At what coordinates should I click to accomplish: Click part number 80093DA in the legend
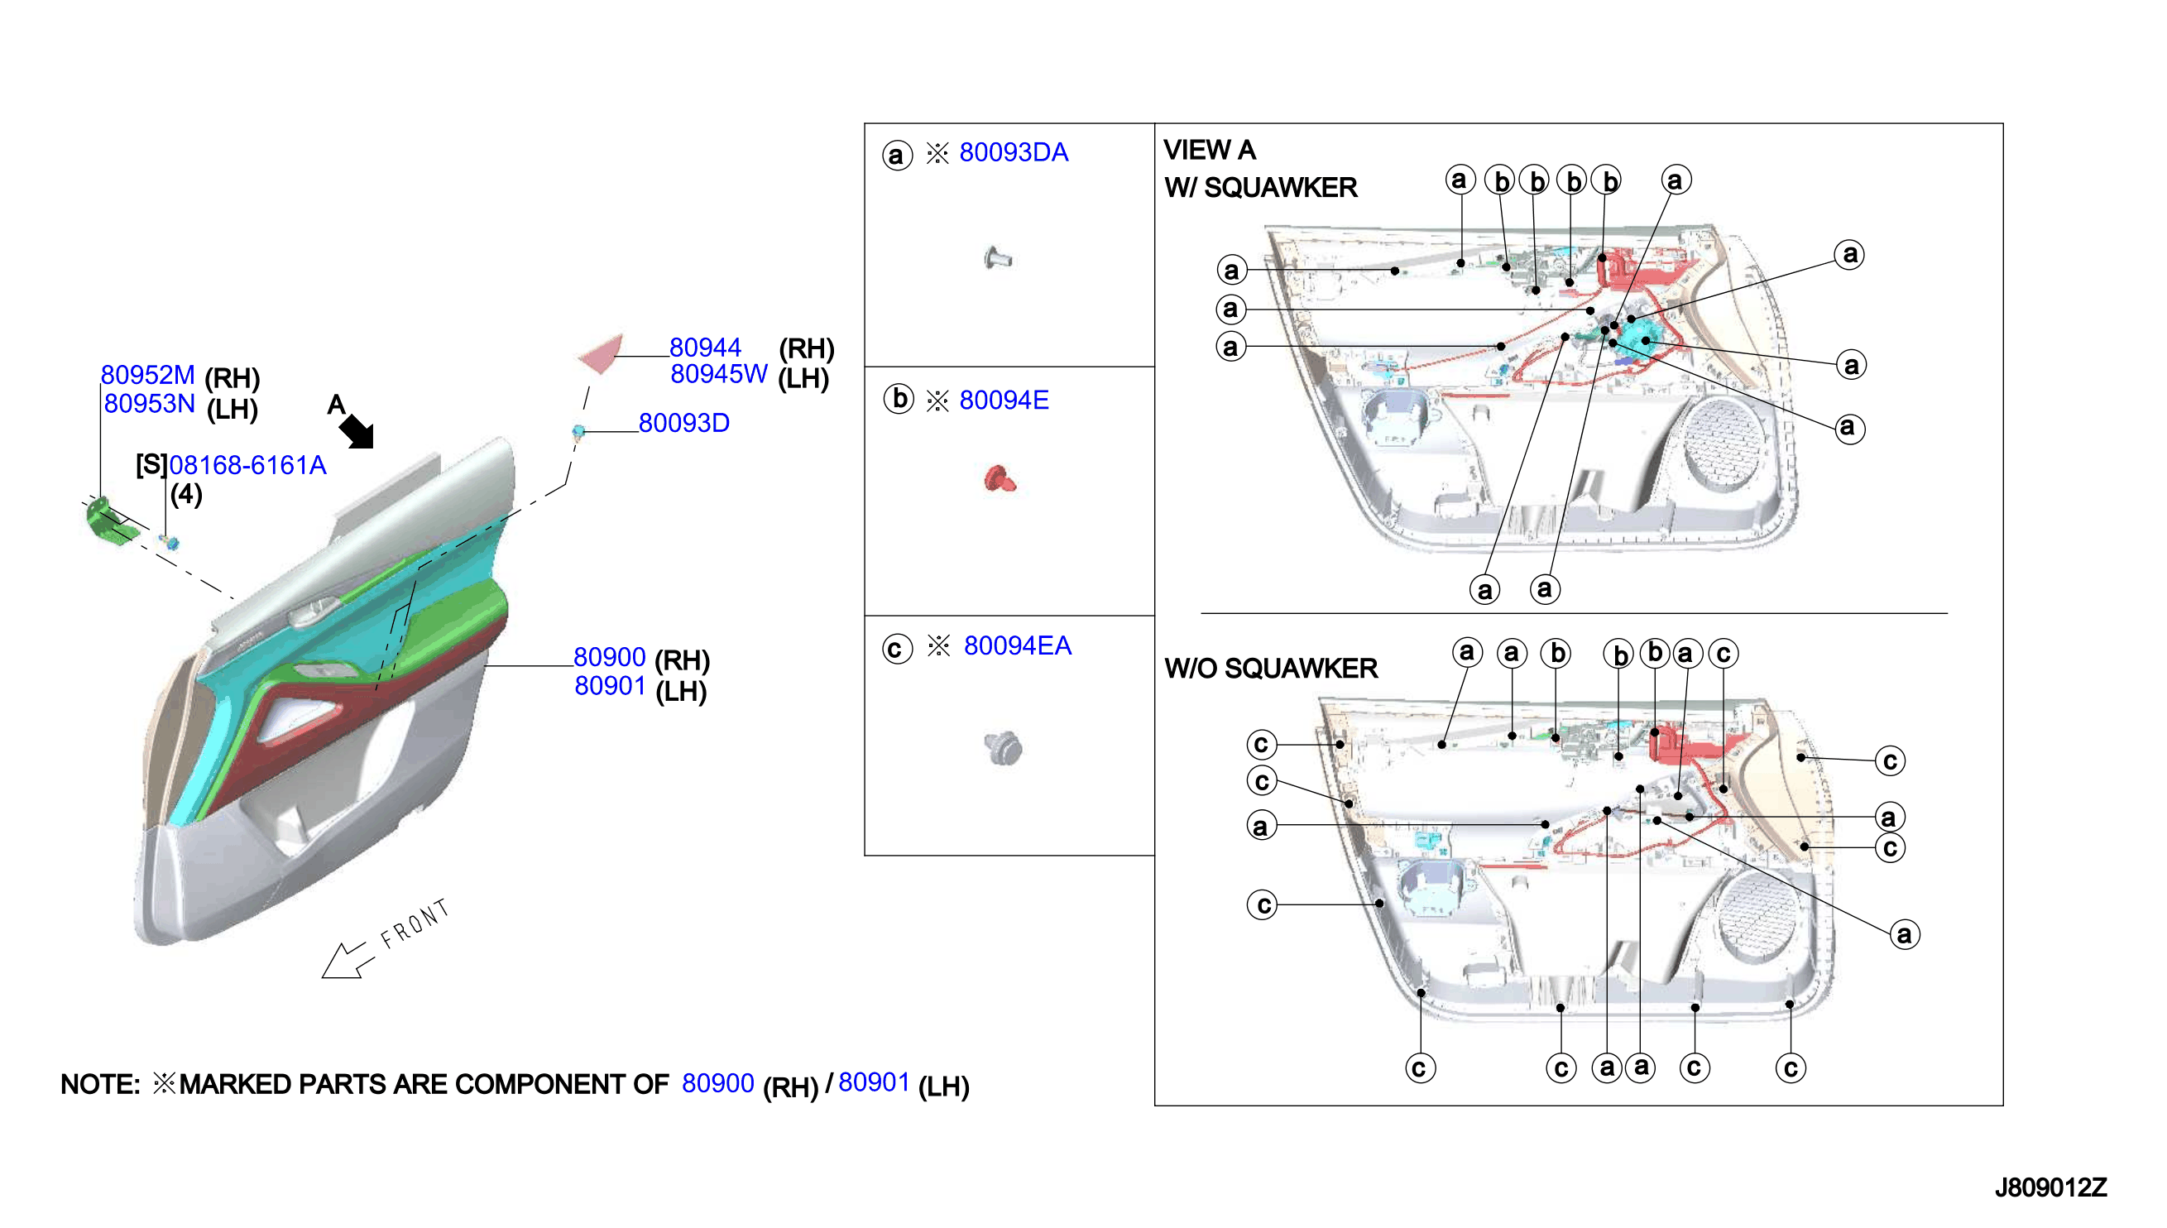(x=1013, y=152)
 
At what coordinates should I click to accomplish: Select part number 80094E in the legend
(x=1004, y=401)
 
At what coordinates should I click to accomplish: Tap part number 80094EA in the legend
(x=1017, y=646)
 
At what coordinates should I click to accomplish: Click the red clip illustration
(x=1000, y=478)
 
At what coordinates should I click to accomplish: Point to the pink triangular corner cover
(x=603, y=353)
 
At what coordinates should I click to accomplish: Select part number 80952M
(x=147, y=376)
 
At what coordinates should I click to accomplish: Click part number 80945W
(x=718, y=375)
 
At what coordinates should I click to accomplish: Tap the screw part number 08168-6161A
(x=247, y=466)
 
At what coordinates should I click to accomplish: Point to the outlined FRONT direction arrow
(x=344, y=961)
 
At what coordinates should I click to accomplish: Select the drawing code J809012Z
(x=2050, y=1188)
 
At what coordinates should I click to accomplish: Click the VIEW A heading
(x=1209, y=150)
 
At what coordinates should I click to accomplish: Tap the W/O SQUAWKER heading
(x=1271, y=669)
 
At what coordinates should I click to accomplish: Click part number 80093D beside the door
(x=683, y=424)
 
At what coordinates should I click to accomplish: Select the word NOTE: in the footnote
(x=99, y=1085)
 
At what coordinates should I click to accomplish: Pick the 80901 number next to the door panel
(x=610, y=687)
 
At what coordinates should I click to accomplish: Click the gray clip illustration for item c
(x=1003, y=748)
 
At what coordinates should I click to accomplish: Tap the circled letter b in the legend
(x=899, y=399)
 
